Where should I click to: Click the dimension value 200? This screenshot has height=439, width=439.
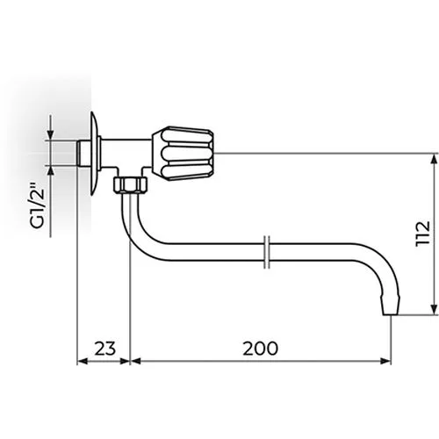coord(260,349)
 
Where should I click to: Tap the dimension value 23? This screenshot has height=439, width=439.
coord(105,349)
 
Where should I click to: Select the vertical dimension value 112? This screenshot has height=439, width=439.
coord(423,234)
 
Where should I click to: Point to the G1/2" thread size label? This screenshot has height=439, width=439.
coord(38,205)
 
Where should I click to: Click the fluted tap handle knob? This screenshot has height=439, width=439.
coord(183,154)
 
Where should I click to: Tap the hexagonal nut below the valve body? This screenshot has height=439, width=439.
coord(131,184)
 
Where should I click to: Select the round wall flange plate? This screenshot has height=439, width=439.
coord(95,154)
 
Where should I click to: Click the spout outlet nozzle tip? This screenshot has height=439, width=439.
coord(390,306)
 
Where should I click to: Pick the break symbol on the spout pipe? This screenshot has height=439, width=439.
coord(267,252)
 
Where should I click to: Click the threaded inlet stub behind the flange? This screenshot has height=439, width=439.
coord(83,154)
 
